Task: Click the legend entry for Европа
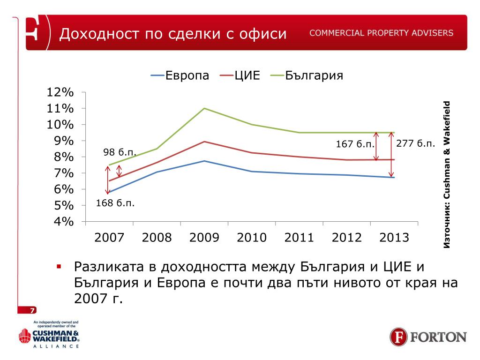click(x=180, y=75)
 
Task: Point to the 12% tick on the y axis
click(x=60, y=92)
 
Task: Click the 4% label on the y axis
click(x=60, y=222)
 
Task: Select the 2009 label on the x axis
click(x=204, y=237)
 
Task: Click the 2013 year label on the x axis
click(x=394, y=237)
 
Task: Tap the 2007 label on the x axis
click(x=109, y=237)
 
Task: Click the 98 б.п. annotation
click(x=120, y=153)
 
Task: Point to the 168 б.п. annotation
click(x=115, y=203)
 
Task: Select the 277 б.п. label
click(x=416, y=143)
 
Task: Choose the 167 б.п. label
click(x=355, y=144)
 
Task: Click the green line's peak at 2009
click(x=204, y=108)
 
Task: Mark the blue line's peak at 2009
click(x=204, y=161)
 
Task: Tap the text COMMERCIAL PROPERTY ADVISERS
click(x=381, y=33)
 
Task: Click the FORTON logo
click(x=428, y=337)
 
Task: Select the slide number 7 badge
click(x=32, y=310)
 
